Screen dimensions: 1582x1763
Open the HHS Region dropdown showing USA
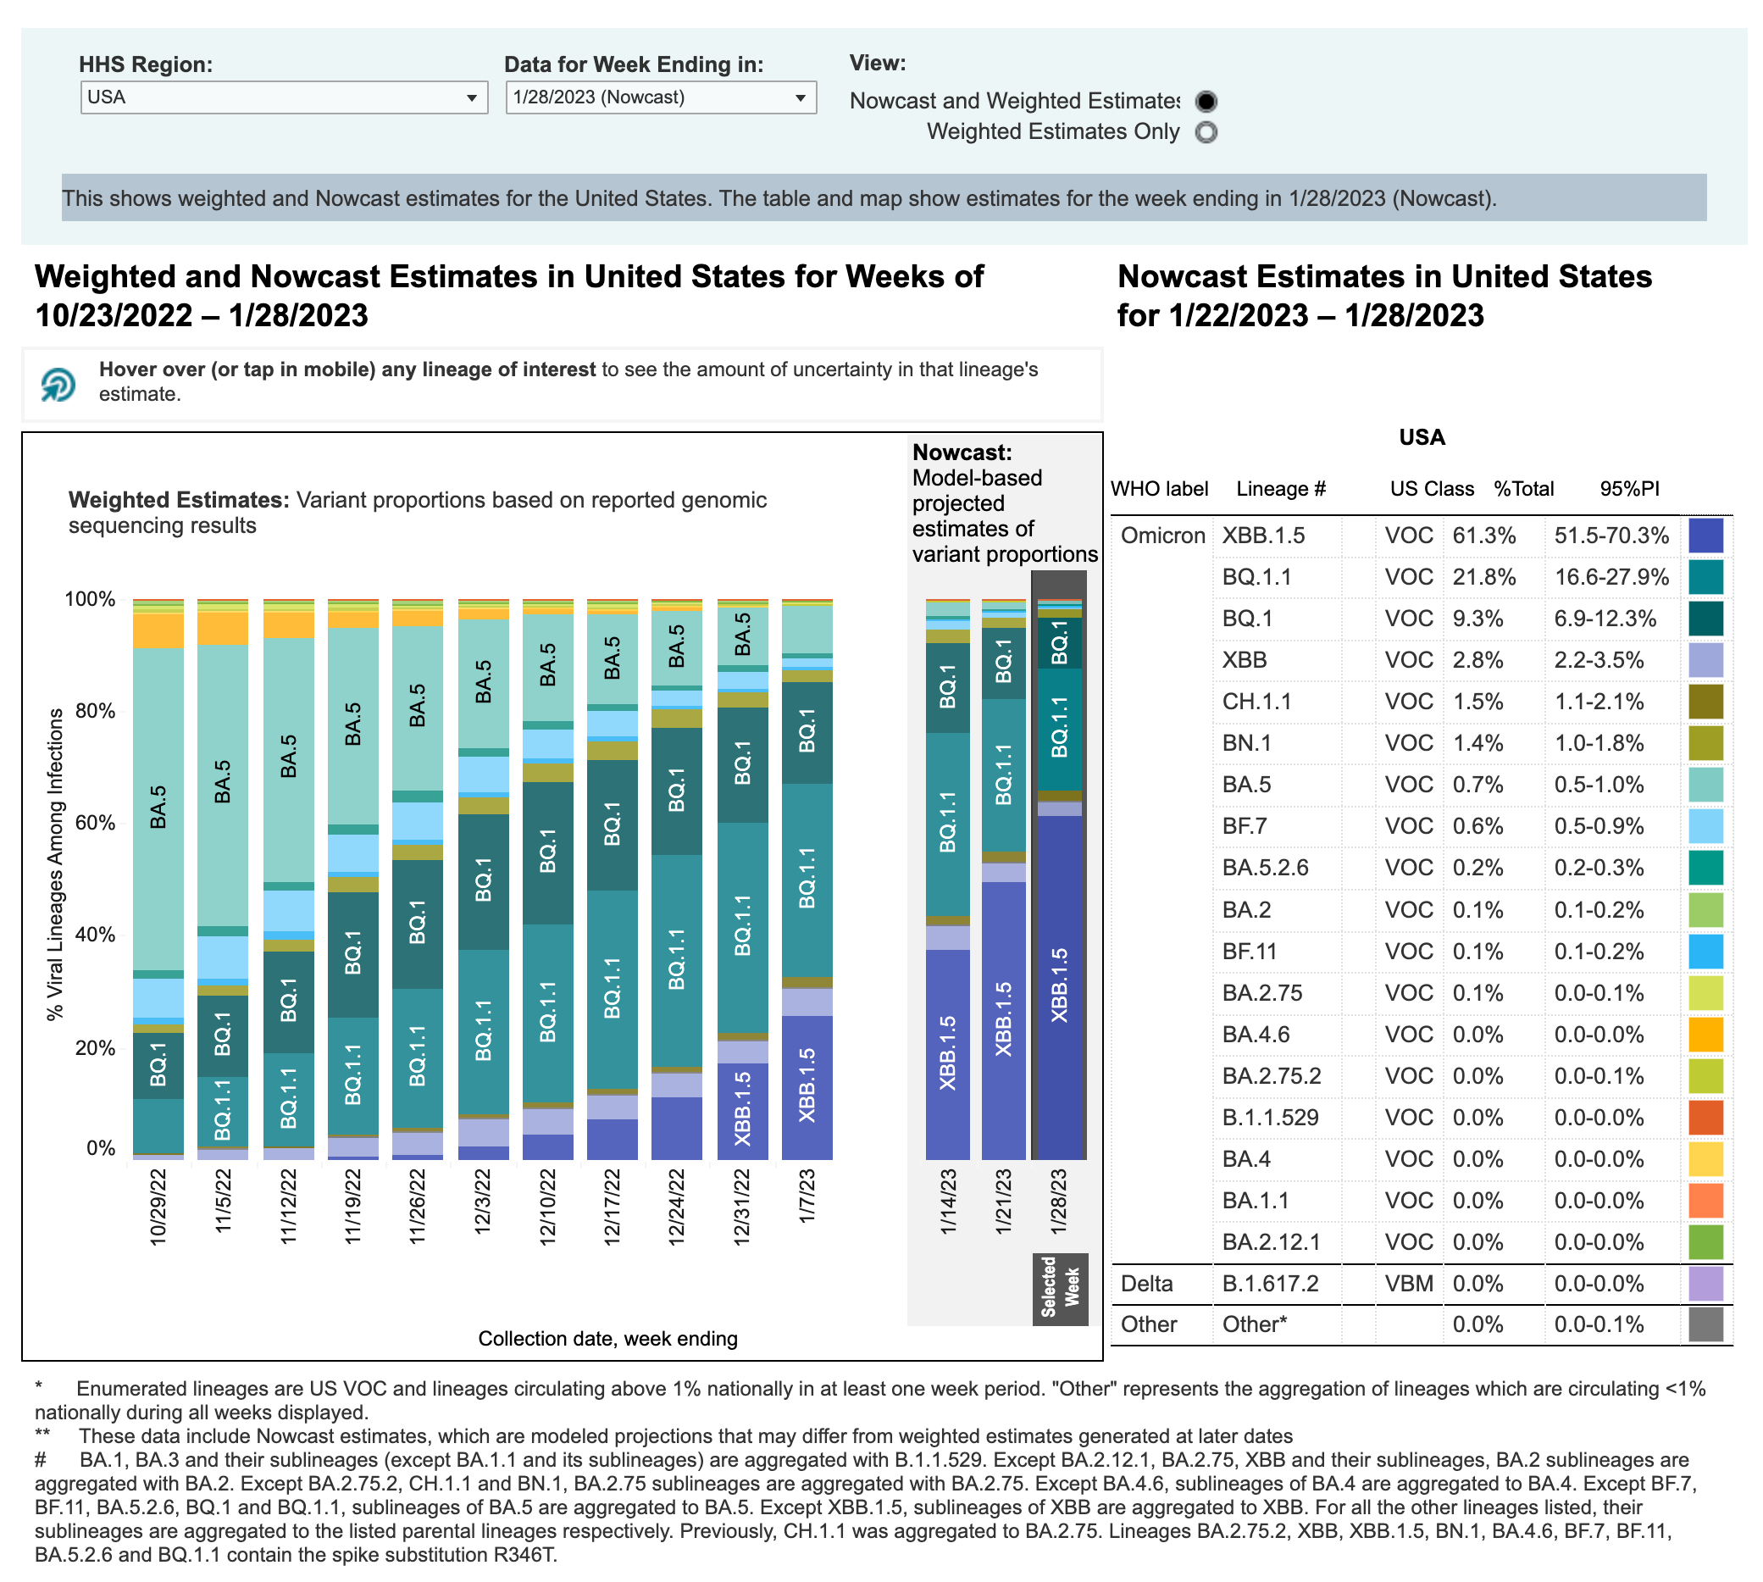(x=283, y=97)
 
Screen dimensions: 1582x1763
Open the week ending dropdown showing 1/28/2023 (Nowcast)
(x=660, y=97)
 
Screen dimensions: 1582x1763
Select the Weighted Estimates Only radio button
(x=1206, y=132)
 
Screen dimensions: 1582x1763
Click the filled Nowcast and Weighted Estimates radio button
(x=1206, y=102)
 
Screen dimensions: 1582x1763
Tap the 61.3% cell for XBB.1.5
(x=1484, y=536)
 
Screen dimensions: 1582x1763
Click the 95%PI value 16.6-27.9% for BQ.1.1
(x=1611, y=577)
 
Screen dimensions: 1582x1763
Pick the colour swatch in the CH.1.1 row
(x=1705, y=702)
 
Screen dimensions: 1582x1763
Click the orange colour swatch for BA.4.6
(x=1705, y=1035)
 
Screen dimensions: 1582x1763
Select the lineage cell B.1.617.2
(x=1270, y=1284)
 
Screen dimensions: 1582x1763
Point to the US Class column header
(x=1431, y=489)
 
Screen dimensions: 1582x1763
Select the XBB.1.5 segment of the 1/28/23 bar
(x=1059, y=986)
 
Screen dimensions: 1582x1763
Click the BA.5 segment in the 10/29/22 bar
(x=158, y=808)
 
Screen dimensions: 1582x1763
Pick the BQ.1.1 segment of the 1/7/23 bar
(x=807, y=880)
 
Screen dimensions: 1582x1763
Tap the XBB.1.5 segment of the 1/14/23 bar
(x=948, y=1053)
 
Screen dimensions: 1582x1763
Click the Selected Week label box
(x=1060, y=1288)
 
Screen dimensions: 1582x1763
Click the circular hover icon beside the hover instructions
(x=58, y=384)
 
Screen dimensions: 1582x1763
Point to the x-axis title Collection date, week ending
(x=607, y=1339)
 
